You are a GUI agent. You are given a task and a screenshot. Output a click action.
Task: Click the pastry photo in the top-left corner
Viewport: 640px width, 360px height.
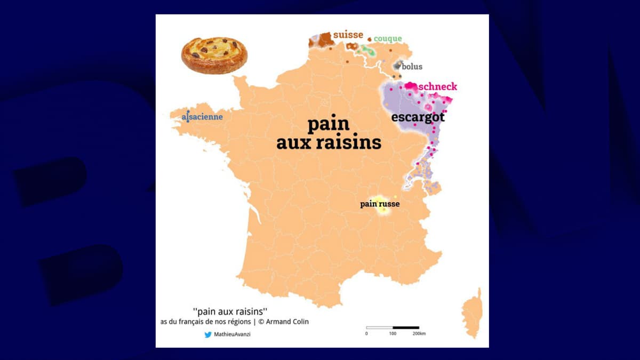pos(214,54)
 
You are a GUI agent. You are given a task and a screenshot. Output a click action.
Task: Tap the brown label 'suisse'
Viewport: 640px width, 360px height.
pos(348,35)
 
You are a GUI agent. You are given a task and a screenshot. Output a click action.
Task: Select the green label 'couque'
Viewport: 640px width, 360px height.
pos(388,38)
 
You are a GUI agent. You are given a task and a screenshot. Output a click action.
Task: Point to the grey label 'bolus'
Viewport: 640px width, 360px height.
pos(412,67)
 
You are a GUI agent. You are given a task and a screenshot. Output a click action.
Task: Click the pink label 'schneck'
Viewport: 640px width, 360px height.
pos(438,86)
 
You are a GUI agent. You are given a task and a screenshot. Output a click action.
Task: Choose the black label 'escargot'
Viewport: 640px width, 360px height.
pos(418,117)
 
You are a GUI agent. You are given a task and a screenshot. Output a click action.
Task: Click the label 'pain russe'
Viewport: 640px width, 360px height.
pos(380,204)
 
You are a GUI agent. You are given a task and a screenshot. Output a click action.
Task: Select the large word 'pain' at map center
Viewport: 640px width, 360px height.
pos(328,124)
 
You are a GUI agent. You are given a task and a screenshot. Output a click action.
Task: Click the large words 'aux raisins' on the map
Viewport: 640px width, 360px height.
pos(329,142)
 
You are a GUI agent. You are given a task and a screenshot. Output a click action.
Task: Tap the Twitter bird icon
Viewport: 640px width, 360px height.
pos(208,335)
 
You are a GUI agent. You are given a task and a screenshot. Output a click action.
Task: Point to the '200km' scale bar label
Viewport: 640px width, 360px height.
pos(419,334)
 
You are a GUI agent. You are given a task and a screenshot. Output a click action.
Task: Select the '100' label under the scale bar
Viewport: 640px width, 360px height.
pos(393,334)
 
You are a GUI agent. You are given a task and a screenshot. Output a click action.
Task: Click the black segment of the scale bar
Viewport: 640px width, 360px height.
pos(406,327)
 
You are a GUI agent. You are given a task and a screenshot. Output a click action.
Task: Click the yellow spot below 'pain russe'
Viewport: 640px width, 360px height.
pos(383,210)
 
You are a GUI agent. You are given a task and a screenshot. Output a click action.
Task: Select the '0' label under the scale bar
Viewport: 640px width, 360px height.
pos(366,334)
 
